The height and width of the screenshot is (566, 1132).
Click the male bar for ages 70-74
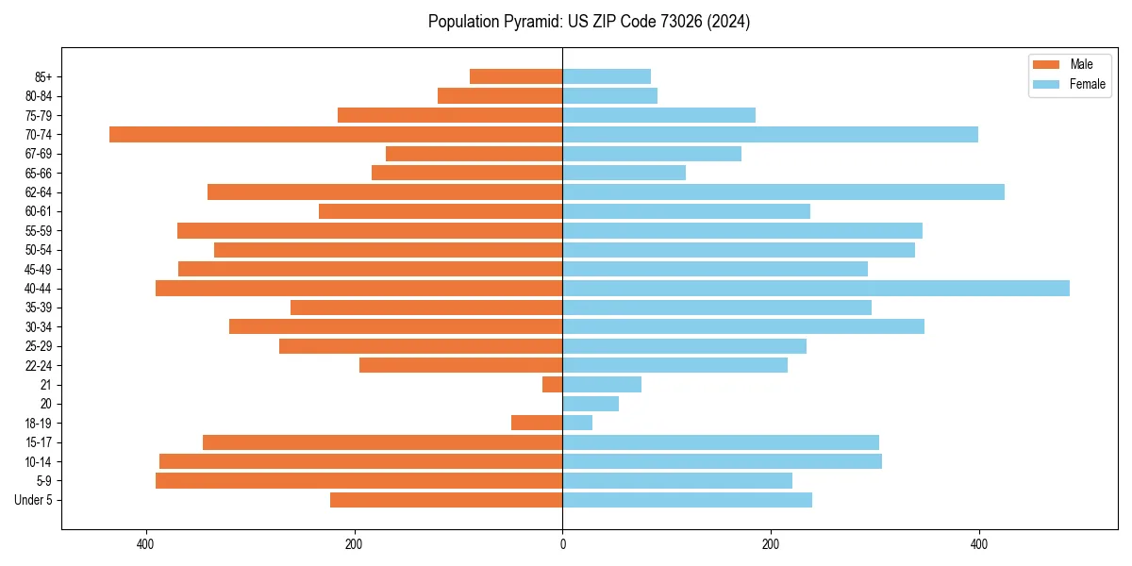tap(336, 134)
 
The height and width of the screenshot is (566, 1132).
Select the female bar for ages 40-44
tap(816, 288)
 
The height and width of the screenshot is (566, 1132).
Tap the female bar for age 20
tap(591, 404)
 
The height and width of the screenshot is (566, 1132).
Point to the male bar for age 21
tap(553, 384)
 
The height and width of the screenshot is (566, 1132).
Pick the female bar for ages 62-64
tap(783, 191)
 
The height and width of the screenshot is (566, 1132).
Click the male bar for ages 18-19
tap(537, 423)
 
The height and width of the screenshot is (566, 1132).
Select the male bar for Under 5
tap(446, 500)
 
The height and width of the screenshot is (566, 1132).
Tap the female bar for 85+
tap(607, 76)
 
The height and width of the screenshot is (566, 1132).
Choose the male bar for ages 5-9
tap(358, 480)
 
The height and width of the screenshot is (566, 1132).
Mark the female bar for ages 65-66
tap(624, 173)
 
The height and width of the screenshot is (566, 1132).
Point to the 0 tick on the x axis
tap(562, 544)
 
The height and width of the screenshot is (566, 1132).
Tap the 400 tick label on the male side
tap(145, 544)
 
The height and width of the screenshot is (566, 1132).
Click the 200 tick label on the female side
tap(771, 544)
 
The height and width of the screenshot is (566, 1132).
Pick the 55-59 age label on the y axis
tap(39, 230)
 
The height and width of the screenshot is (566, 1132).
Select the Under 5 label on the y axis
tap(33, 500)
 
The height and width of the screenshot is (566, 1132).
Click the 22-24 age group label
tap(39, 365)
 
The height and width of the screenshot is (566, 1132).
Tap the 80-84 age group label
tap(39, 95)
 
